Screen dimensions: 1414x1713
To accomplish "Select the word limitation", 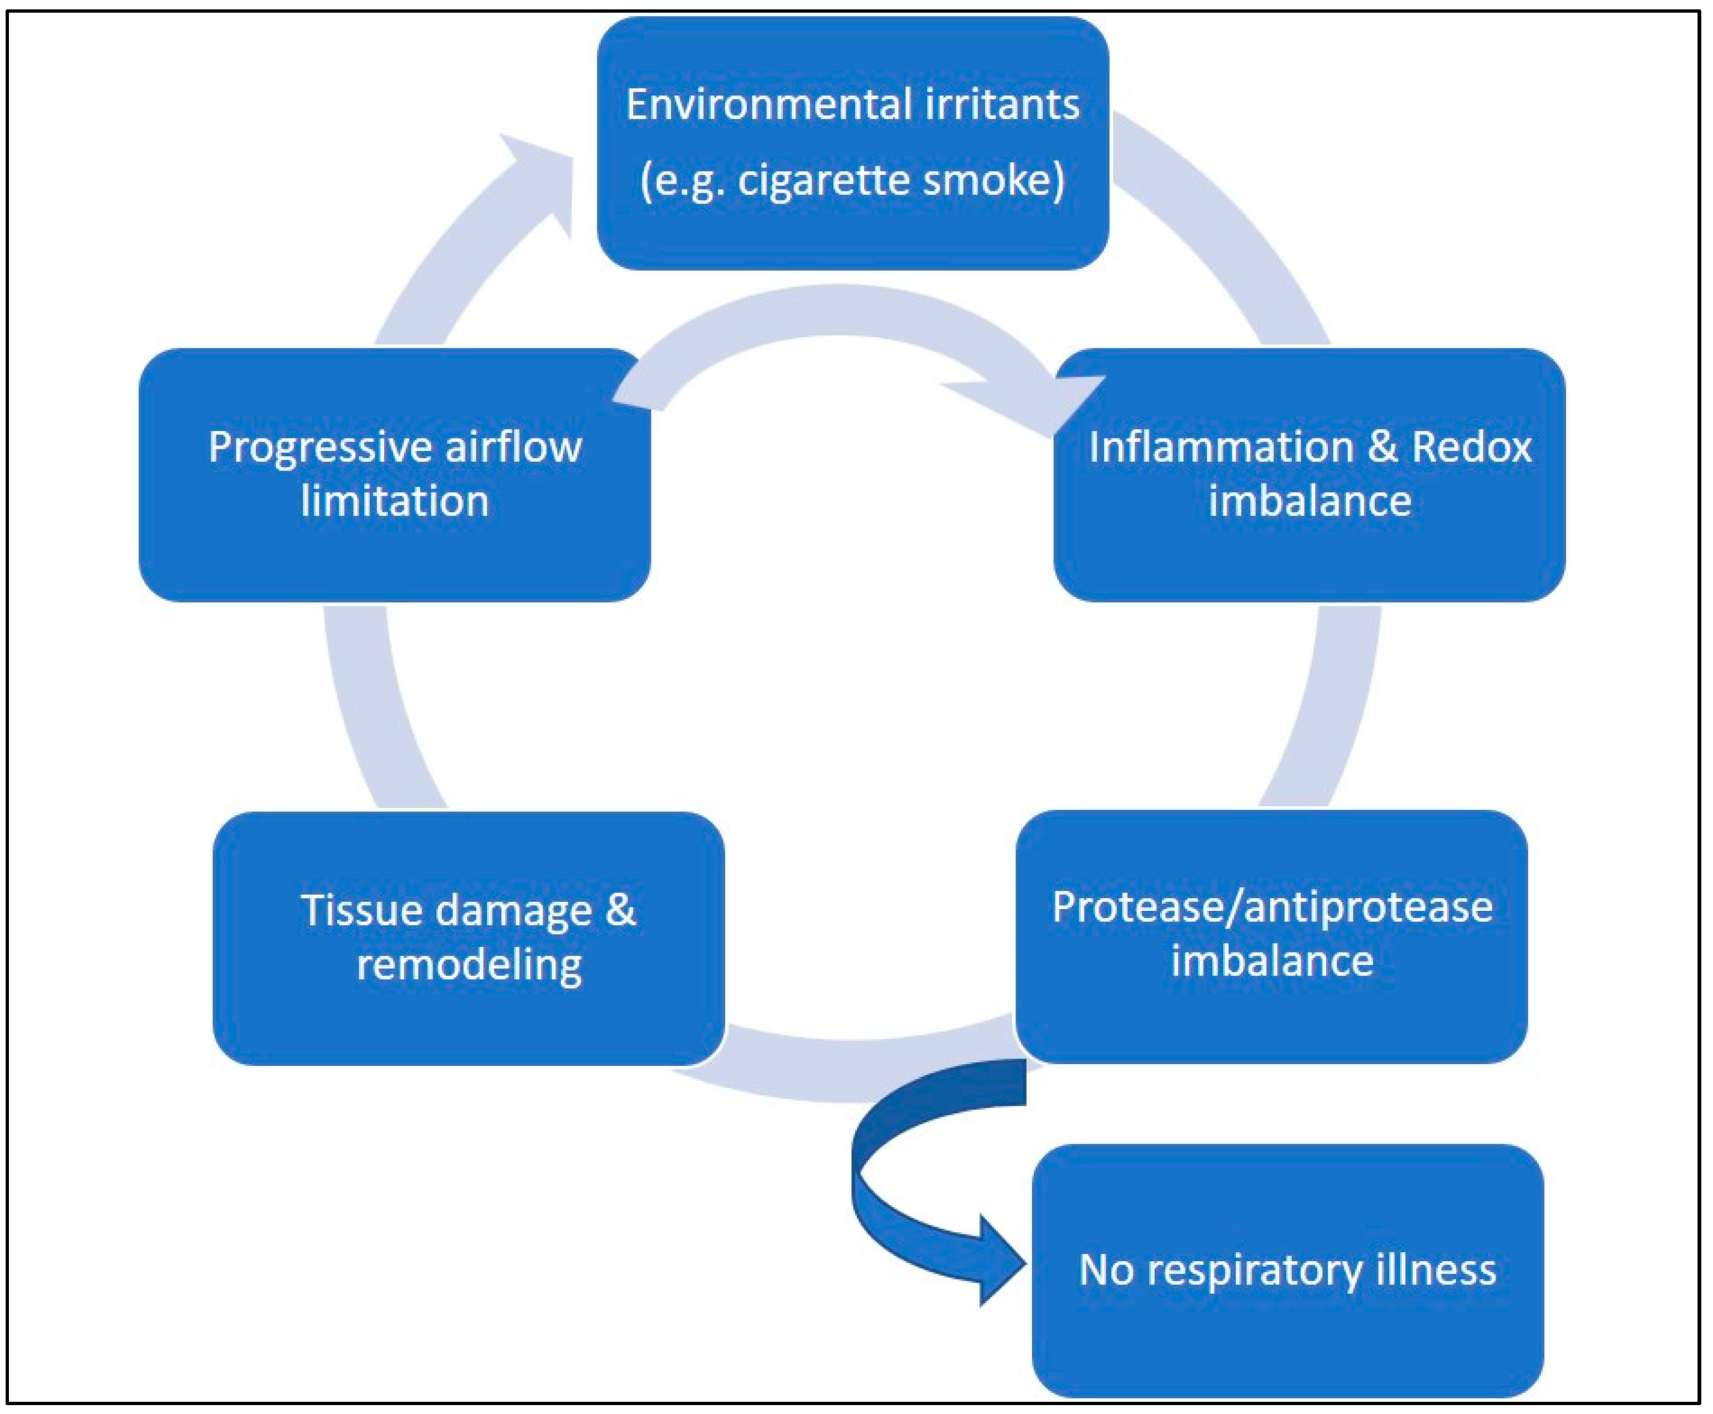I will click(x=395, y=501).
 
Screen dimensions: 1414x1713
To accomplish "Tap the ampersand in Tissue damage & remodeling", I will click(x=620, y=910).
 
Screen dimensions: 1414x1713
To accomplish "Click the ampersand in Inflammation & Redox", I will click(x=1380, y=447).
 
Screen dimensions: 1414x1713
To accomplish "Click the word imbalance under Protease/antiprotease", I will click(x=1272, y=961).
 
